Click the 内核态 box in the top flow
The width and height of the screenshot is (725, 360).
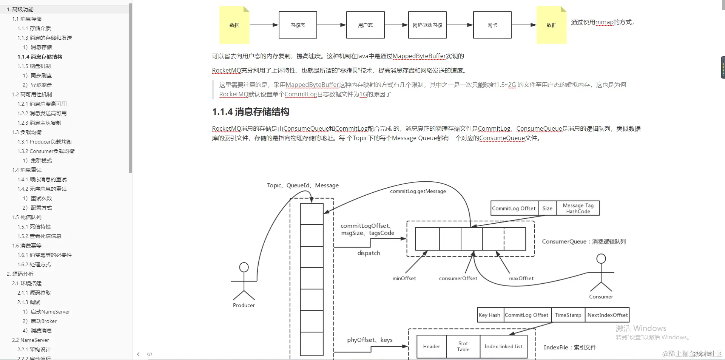point(298,25)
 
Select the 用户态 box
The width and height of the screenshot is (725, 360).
point(365,25)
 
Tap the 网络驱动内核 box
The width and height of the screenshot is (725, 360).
point(427,25)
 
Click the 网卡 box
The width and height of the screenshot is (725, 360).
point(492,25)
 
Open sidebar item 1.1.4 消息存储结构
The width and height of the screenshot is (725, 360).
point(40,57)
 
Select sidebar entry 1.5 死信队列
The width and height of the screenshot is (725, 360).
point(27,217)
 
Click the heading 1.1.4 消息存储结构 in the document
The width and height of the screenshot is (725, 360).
point(250,112)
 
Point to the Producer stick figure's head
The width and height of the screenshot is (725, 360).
point(244,267)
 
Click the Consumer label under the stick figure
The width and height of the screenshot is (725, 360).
point(601,297)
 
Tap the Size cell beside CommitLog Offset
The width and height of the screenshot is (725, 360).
point(547,208)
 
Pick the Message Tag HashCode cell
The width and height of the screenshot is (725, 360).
point(578,208)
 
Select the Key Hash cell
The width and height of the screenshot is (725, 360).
point(489,315)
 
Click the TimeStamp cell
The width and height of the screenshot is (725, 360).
point(568,315)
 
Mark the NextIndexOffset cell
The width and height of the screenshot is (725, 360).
point(607,315)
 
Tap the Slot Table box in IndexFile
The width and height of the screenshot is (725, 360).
point(463,346)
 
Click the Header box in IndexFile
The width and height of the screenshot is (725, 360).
point(431,346)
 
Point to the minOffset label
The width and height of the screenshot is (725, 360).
point(404,278)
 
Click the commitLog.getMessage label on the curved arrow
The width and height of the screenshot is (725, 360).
point(418,191)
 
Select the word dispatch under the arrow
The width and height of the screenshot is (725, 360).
point(369,253)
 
